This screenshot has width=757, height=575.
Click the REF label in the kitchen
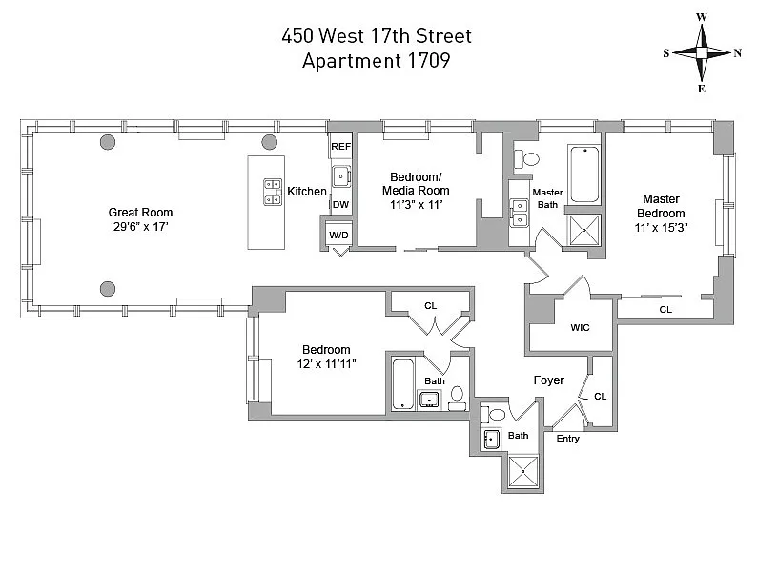pos(340,148)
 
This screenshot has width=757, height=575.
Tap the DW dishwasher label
pos(339,204)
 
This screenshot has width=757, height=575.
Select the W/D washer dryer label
pos(339,235)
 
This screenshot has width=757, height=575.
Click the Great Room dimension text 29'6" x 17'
pos(140,227)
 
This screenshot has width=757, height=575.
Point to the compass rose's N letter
pos(738,52)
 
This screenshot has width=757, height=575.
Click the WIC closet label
pos(581,328)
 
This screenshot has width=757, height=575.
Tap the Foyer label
pos(548,380)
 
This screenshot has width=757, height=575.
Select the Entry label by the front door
pos(567,439)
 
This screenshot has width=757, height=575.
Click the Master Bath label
pos(548,198)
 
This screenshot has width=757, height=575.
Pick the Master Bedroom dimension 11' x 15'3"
pos(663,228)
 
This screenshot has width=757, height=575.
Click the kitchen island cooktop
pos(271,191)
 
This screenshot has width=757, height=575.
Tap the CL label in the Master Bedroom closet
pos(665,309)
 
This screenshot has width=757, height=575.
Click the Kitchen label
pos(307,192)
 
